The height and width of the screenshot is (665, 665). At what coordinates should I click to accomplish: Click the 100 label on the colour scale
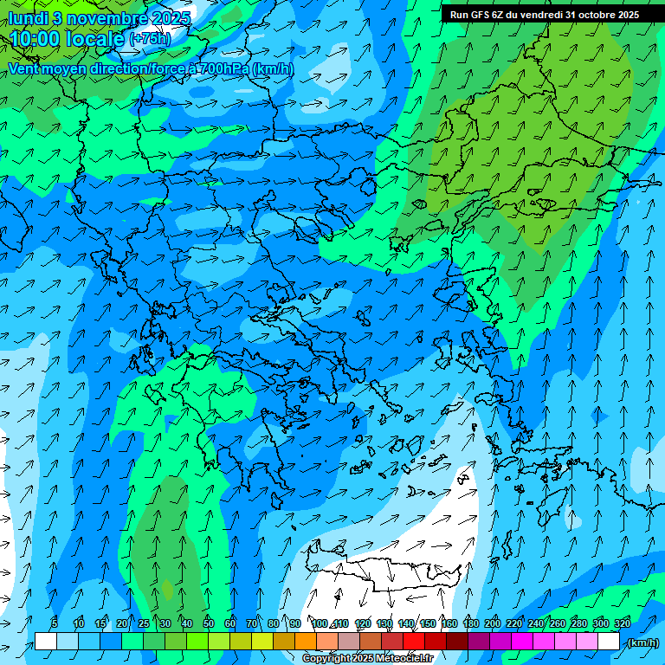tap(320, 623)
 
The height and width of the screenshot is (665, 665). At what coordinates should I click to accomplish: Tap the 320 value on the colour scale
tap(623, 623)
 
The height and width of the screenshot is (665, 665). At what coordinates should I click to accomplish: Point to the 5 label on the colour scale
tap(55, 623)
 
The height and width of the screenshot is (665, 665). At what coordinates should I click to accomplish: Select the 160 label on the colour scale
tap(449, 623)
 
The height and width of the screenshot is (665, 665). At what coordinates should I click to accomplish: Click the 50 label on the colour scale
tap(209, 623)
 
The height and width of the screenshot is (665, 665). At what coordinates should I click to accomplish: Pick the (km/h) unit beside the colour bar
tap(642, 642)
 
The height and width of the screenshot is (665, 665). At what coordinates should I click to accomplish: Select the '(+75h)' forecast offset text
tap(150, 39)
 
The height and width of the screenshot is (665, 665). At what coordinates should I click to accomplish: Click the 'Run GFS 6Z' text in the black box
tap(476, 15)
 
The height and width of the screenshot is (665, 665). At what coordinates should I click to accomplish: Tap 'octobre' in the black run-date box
tap(591, 15)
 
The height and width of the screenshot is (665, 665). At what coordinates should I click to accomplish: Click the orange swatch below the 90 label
tap(306, 642)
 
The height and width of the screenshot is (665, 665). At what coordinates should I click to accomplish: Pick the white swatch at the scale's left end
tap(46, 642)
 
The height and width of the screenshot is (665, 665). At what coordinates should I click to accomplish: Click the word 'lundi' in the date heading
tap(28, 18)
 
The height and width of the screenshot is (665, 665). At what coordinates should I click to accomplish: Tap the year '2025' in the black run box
tap(627, 15)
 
